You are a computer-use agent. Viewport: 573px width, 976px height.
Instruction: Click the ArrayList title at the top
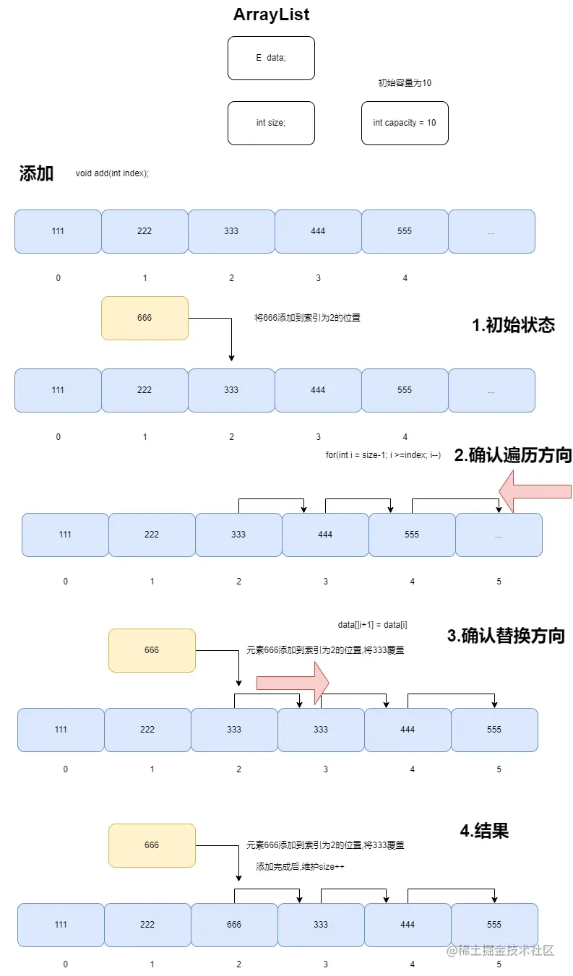(271, 14)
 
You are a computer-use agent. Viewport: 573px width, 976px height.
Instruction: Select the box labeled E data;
(271, 58)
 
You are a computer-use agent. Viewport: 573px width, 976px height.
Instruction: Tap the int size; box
(271, 123)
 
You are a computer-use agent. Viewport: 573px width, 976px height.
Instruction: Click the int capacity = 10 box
(404, 123)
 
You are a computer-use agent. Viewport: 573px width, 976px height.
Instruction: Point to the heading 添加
(36, 173)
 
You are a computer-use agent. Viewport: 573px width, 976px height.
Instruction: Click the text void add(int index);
(112, 173)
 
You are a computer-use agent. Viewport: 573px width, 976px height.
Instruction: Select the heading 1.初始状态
(513, 325)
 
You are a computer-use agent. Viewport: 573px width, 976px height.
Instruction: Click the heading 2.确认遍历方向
(512, 455)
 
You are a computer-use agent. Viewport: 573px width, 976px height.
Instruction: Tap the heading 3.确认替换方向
(506, 636)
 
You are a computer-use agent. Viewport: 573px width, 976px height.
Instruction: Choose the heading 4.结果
(484, 831)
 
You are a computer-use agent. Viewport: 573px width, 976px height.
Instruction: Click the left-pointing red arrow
(535, 491)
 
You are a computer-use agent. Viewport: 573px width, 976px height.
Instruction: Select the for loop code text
(383, 455)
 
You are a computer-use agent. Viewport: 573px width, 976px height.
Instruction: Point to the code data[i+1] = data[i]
(372, 624)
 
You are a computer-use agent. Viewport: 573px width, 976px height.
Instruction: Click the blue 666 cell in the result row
(234, 925)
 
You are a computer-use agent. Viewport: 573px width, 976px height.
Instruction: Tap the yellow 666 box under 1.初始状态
(145, 318)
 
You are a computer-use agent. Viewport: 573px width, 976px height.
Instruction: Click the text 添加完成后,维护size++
(299, 866)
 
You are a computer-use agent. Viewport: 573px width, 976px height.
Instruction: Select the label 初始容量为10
(405, 83)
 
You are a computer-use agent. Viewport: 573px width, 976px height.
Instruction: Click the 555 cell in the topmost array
(405, 231)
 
